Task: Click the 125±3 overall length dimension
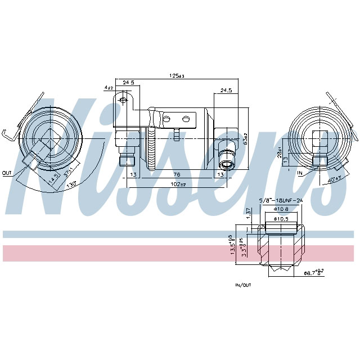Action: (x=178, y=75)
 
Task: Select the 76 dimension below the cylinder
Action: (x=177, y=174)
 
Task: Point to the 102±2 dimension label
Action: (x=178, y=184)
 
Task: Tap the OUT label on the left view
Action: (x=7, y=173)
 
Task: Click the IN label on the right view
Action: (x=300, y=173)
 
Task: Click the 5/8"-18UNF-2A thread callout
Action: (x=280, y=200)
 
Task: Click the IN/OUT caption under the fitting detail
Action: (x=244, y=285)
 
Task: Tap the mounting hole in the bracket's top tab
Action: (x=122, y=101)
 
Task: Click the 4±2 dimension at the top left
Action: (x=108, y=88)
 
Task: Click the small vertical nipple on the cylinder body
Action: (x=175, y=134)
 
